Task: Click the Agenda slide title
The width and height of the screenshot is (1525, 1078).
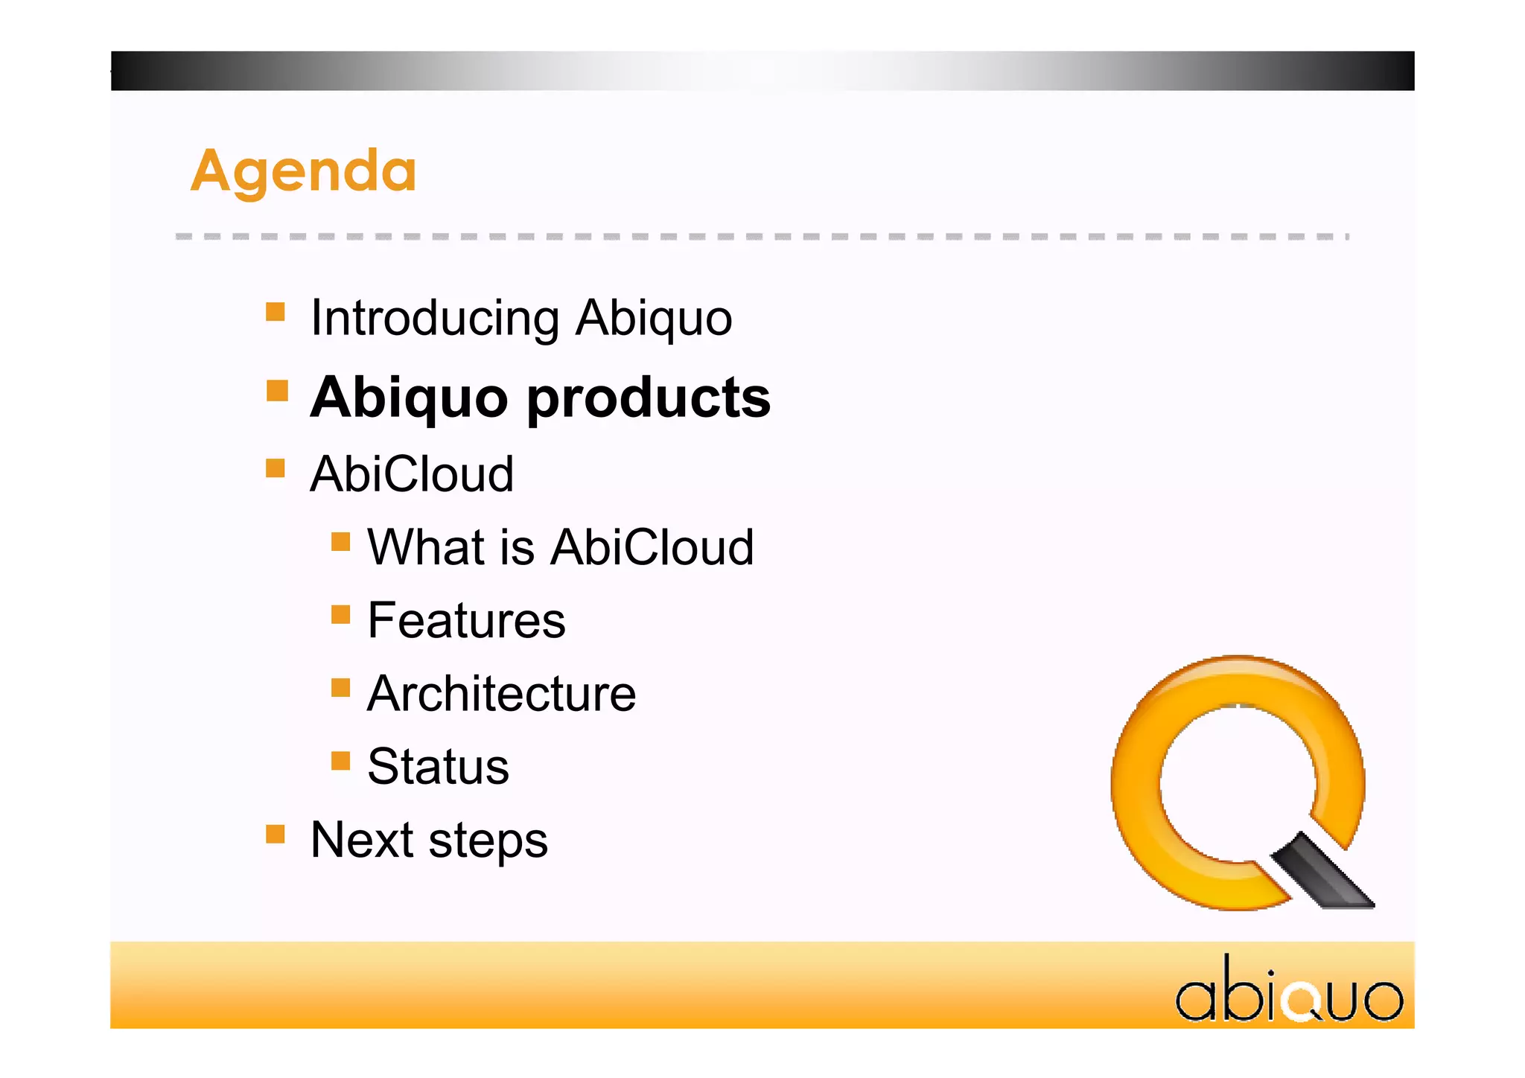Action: coord(303,171)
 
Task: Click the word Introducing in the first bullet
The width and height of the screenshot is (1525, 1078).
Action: coord(435,318)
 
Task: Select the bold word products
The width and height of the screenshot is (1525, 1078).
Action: coord(649,399)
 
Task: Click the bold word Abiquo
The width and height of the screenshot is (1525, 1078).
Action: coord(409,399)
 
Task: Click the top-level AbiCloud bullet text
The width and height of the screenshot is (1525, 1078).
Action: coord(412,474)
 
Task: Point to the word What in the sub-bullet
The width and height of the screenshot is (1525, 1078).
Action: coord(427,547)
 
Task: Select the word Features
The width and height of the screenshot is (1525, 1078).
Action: coord(466,620)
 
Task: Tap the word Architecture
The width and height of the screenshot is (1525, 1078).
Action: coord(501,694)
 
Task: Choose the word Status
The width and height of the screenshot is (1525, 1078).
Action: coord(438,767)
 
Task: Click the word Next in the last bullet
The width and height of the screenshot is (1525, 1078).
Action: coord(361,840)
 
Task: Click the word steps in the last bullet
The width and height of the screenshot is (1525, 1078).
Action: coord(488,841)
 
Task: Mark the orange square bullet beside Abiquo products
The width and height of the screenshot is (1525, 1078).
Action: coord(277,390)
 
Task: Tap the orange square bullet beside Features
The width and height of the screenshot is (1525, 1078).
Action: coord(340,614)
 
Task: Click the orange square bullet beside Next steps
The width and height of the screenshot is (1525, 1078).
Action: coord(276,834)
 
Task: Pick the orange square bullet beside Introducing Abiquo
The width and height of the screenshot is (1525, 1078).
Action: coord(276,311)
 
